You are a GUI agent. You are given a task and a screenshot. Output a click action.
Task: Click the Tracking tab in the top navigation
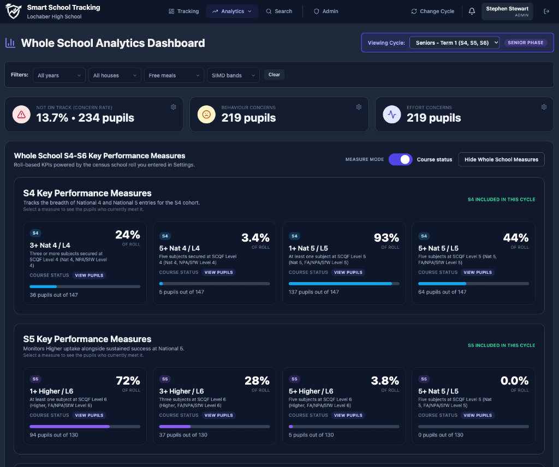[x=184, y=11]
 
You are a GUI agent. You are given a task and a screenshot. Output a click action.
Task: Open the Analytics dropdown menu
[x=232, y=11]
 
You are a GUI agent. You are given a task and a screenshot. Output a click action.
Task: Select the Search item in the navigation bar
[x=279, y=11]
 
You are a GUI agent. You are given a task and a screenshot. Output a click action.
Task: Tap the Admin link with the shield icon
[x=326, y=11]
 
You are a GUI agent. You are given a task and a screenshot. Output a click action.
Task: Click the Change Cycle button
[x=432, y=11]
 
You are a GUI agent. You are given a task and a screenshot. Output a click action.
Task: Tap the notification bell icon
[x=472, y=11]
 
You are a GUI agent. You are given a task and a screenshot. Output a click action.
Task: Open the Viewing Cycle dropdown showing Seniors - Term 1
[x=454, y=43]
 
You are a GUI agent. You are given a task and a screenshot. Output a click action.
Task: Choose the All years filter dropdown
[x=59, y=75]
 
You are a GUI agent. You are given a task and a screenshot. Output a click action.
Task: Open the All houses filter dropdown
[x=115, y=75]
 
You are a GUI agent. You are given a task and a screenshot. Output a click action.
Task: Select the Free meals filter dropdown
[x=174, y=75]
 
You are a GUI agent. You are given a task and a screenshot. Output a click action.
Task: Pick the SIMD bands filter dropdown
[x=233, y=75]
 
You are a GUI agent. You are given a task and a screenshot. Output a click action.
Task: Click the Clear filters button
[x=274, y=75]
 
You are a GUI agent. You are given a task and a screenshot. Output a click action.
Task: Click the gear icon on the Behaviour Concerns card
[x=359, y=107]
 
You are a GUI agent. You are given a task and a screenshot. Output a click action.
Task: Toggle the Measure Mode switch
[x=401, y=159]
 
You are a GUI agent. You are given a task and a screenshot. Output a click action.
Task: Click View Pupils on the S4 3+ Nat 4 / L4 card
[x=88, y=276]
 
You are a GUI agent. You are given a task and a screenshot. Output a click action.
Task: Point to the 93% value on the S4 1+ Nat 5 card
[x=386, y=237]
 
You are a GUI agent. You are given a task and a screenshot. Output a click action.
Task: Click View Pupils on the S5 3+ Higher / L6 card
[x=218, y=415]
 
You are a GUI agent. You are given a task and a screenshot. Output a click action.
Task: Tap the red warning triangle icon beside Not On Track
[x=21, y=115]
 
